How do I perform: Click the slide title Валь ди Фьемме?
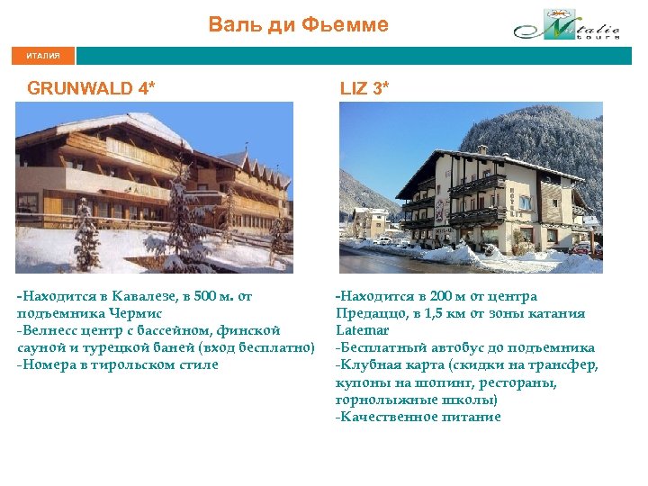coord(298,24)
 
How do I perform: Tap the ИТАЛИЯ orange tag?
coord(43,56)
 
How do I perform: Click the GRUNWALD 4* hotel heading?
coord(91,88)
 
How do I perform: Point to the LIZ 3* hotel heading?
coord(364,88)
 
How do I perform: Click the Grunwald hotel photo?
coord(154,186)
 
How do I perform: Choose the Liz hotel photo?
coord(470,186)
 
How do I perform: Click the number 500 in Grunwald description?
coord(197,296)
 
